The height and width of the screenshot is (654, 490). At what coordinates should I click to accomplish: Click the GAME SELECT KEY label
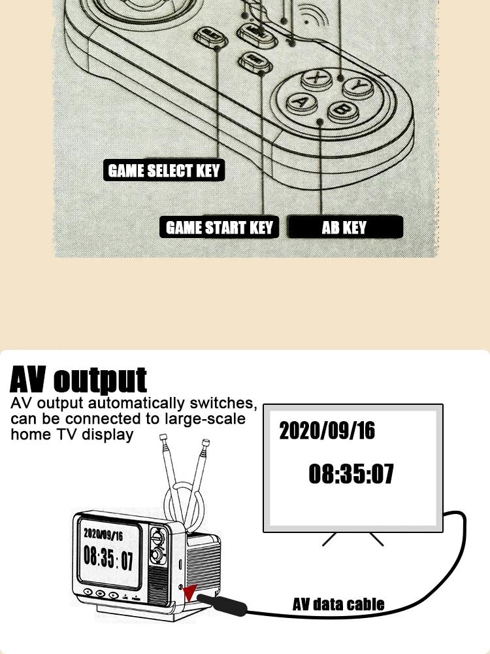164,171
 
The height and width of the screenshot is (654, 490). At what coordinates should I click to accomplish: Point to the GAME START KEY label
219,228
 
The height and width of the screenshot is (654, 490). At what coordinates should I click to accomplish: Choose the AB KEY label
344,228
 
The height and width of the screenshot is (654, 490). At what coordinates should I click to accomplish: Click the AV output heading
78,379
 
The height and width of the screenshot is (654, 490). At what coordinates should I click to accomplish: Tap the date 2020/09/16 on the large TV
327,430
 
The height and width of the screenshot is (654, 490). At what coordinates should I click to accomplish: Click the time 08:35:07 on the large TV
351,473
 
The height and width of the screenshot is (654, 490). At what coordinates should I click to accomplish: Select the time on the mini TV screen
108,559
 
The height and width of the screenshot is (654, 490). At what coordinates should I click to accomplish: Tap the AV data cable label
338,604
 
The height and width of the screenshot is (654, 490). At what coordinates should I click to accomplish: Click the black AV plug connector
221,604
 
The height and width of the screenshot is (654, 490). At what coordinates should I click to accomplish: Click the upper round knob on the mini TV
157,536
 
